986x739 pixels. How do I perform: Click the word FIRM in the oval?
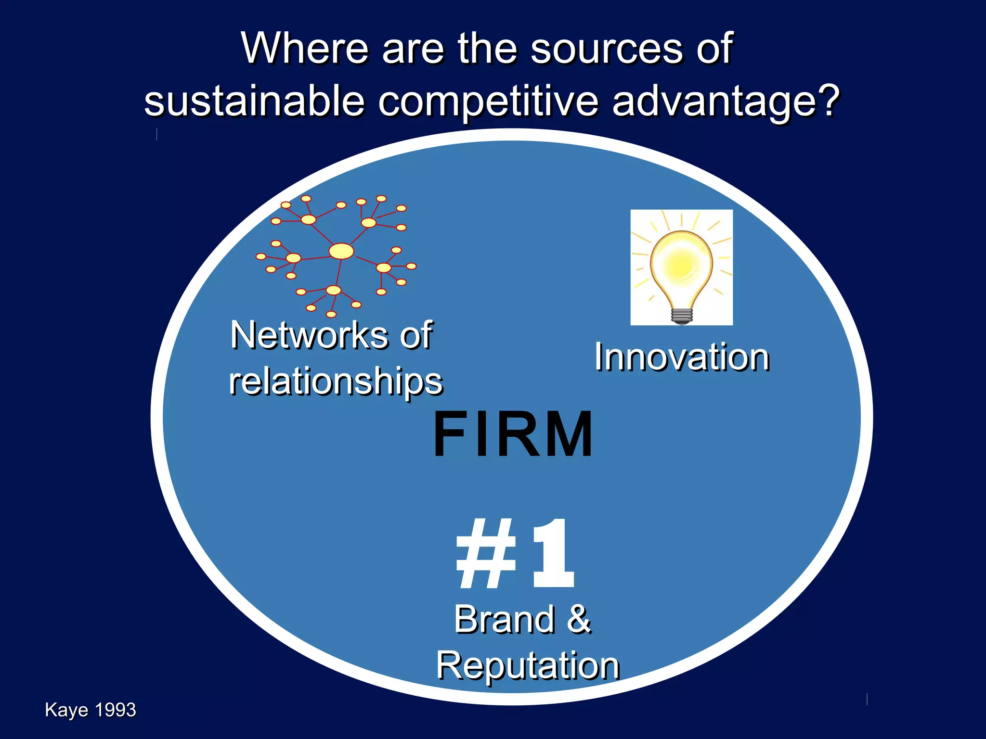click(x=513, y=434)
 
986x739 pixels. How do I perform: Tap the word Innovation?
click(x=682, y=357)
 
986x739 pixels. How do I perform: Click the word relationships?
click(x=336, y=381)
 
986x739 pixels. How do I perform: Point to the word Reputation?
click(x=528, y=666)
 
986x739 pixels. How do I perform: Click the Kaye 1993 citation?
click(x=91, y=710)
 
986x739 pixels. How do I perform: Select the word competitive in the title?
click(x=488, y=102)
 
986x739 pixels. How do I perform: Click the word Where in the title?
click(x=305, y=48)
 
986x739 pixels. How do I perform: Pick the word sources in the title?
click(x=607, y=48)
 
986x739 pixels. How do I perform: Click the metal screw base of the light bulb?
click(x=682, y=316)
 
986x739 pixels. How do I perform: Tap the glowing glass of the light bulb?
click(x=681, y=262)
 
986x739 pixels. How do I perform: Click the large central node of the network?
click(x=341, y=251)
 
